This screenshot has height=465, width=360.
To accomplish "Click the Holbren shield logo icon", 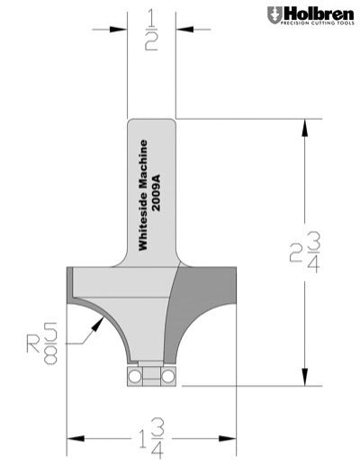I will point(273,14).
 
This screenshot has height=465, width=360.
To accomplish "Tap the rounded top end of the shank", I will point(151,122).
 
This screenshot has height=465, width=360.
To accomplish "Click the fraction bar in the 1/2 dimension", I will point(152,30).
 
